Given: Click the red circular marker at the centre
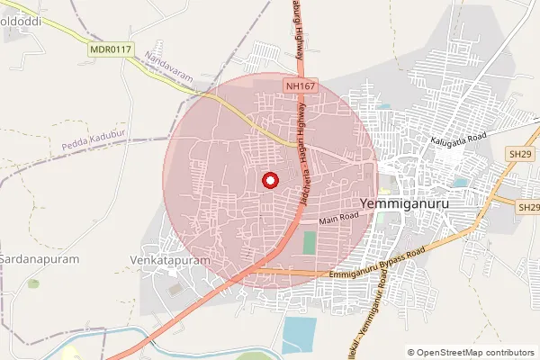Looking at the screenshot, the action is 269,180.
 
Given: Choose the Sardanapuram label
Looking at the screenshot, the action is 40,258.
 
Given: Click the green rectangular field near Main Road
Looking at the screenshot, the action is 310,243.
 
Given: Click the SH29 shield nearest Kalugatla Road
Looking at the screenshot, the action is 520,154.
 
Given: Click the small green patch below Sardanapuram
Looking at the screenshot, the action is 33,283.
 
